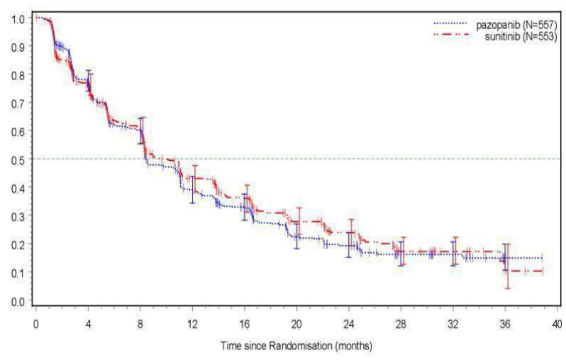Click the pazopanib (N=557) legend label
[516, 25]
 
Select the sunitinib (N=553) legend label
[521, 36]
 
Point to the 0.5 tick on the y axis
[18, 159]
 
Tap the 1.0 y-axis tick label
[18, 18]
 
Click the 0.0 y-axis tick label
[18, 300]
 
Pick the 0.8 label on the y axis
[18, 75]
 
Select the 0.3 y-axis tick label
[18, 215]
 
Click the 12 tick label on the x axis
[192, 324]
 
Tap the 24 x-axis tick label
[349, 324]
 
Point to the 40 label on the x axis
[557, 324]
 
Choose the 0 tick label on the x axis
[35, 324]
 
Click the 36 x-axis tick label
[505, 324]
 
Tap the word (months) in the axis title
[353, 347]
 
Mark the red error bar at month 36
[508, 266]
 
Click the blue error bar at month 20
[296, 236]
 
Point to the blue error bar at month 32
[453, 254]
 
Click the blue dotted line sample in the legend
[450, 23]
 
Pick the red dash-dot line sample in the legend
[451, 34]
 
